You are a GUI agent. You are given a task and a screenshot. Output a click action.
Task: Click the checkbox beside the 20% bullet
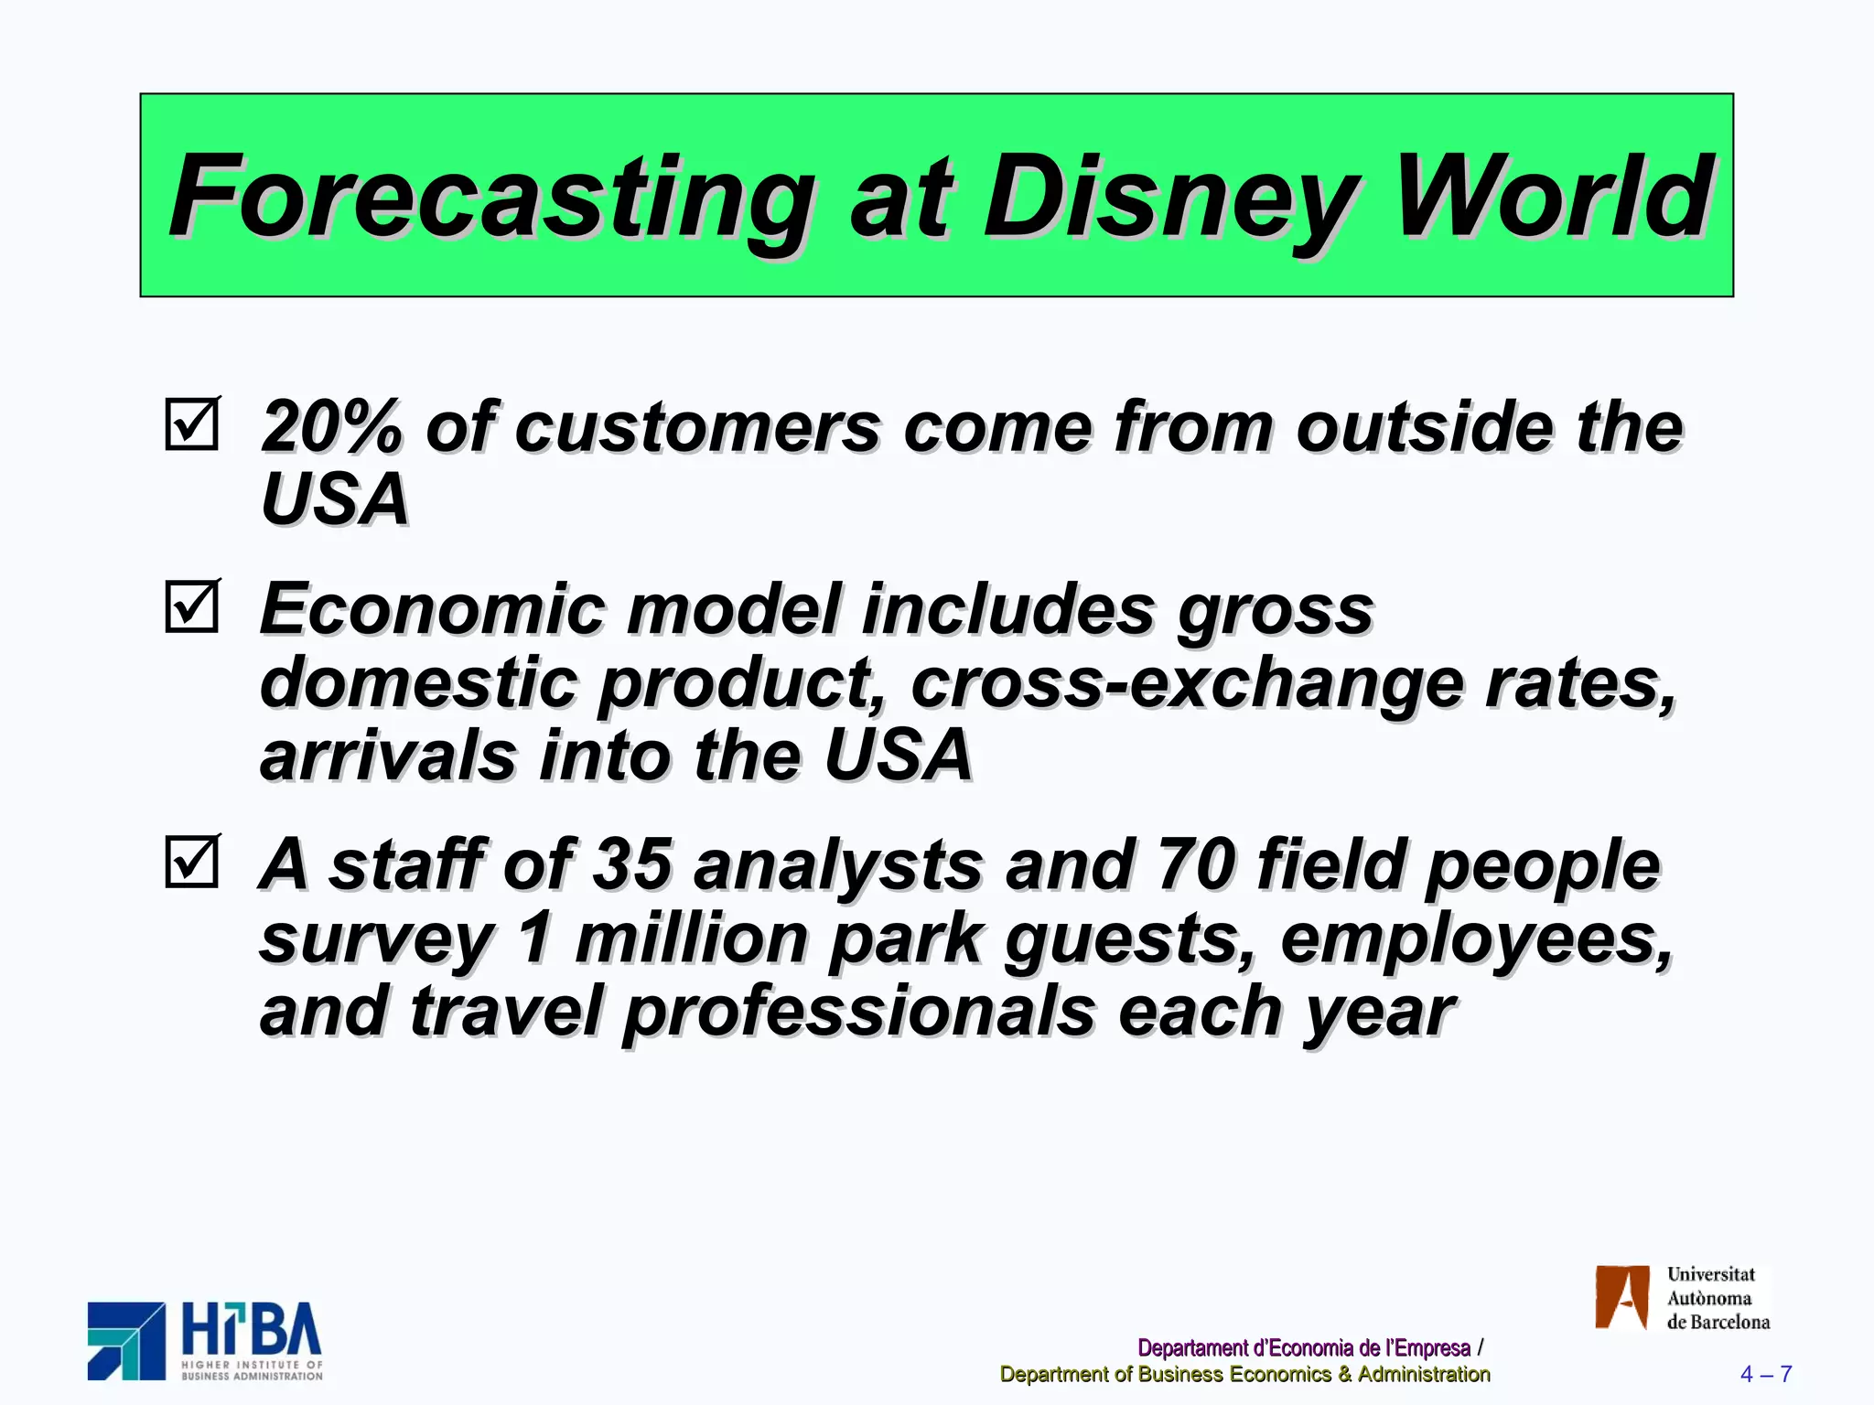coord(192,424)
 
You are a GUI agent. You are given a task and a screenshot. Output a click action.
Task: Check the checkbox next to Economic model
coord(192,606)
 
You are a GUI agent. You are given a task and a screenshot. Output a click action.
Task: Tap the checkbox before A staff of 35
coord(192,862)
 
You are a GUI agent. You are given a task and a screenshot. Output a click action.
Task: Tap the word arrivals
coord(389,756)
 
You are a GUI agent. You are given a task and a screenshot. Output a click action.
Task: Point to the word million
coord(691,939)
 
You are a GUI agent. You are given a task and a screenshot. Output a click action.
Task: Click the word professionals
coord(859,1013)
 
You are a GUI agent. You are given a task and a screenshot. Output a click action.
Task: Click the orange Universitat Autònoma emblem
coord(1621,1297)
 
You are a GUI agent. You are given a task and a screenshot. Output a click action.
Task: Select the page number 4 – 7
coord(1765,1374)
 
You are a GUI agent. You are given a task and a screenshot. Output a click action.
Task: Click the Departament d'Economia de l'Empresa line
coord(1303,1347)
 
